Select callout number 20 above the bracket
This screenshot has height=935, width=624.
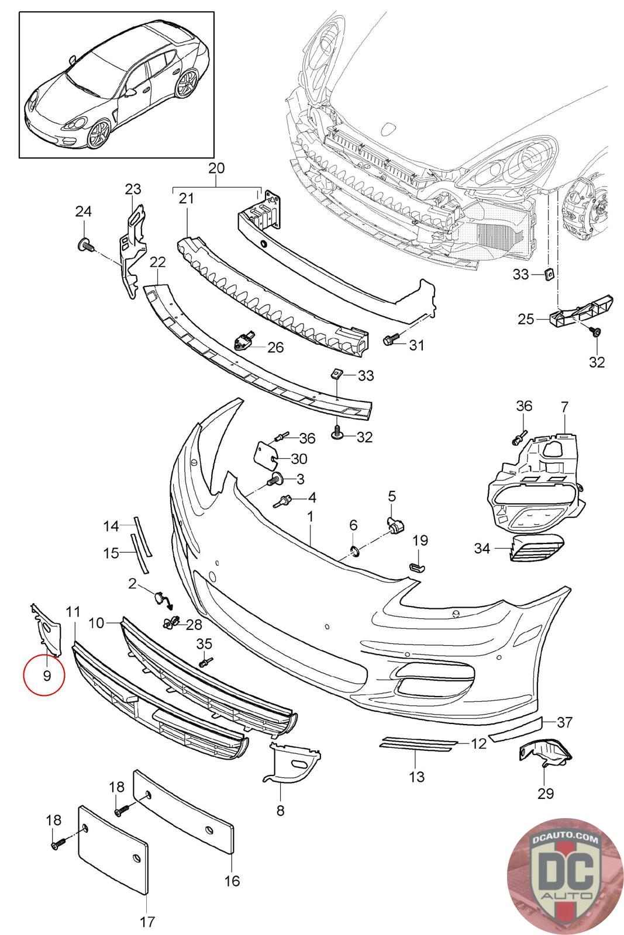pos(216,168)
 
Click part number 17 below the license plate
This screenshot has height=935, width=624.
pos(147,922)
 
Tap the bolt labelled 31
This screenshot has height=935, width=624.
pos(391,339)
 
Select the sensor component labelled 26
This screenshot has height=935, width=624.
pos(243,339)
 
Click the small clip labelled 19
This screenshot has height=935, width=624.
pos(416,566)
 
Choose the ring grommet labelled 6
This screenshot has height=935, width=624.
pos(354,550)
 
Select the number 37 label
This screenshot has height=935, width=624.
pos(564,723)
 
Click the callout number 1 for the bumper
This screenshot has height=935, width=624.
pos(310,517)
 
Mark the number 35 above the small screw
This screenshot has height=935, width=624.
pos(204,644)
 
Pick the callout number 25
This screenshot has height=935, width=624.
pos(526,319)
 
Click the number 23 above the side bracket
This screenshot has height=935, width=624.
pos(133,189)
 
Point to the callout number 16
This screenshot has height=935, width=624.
pos(232,880)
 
